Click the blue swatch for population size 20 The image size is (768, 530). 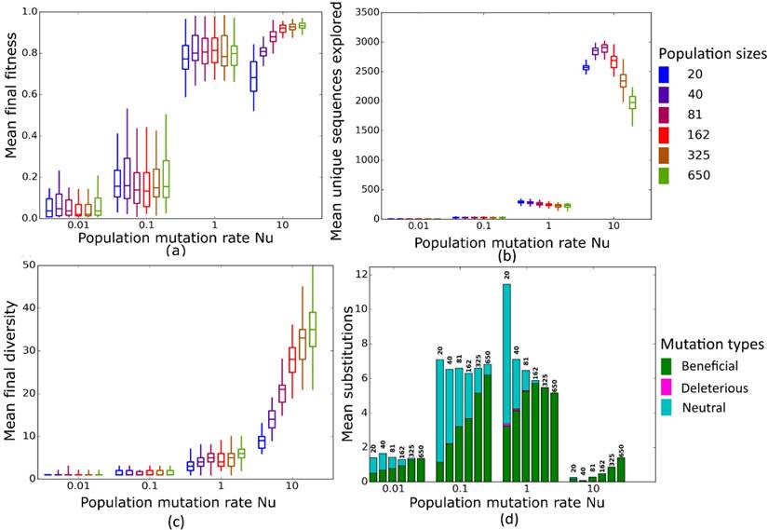(665, 73)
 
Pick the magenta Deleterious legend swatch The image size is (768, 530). (665, 386)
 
